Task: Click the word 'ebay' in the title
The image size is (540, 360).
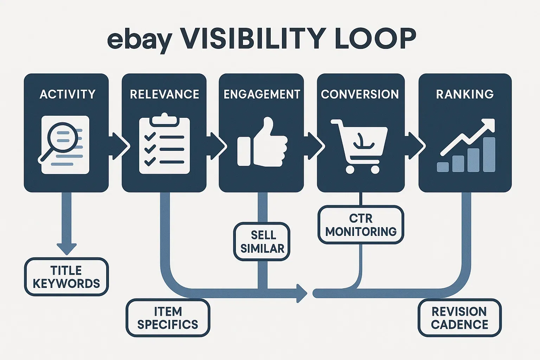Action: pyautogui.click(x=139, y=39)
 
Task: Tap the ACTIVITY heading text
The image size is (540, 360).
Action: pyautogui.click(x=67, y=94)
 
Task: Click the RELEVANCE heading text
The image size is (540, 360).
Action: pyautogui.click(x=164, y=94)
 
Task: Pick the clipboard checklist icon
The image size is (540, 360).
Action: pyautogui.click(x=165, y=144)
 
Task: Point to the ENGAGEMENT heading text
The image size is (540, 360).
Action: pyautogui.click(x=262, y=94)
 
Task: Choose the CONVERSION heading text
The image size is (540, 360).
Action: pyautogui.click(x=360, y=94)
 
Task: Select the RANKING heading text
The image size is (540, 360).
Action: pyautogui.click(x=465, y=94)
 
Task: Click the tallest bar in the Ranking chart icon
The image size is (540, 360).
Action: pyautogui.click(x=489, y=154)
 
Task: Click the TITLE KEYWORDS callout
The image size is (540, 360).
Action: pyautogui.click(x=66, y=277)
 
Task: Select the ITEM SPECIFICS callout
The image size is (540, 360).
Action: pyautogui.click(x=168, y=318)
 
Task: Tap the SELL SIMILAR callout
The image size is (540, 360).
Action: pyautogui.click(x=262, y=242)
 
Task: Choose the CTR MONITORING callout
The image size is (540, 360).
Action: pyautogui.click(x=361, y=225)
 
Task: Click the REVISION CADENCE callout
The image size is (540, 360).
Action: pyautogui.click(x=459, y=318)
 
